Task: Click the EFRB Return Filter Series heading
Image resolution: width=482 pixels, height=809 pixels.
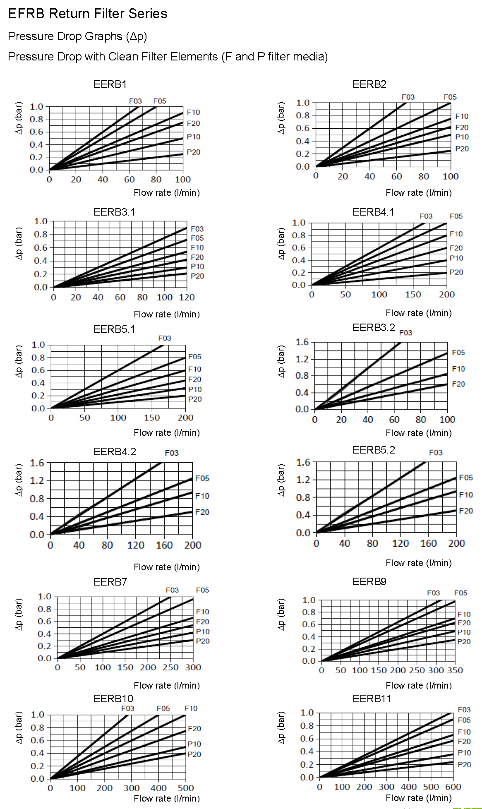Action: (88, 14)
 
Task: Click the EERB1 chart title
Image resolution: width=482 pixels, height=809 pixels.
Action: (110, 84)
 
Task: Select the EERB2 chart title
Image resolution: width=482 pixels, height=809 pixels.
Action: (369, 84)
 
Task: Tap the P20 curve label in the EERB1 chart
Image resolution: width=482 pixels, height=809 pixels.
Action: (193, 152)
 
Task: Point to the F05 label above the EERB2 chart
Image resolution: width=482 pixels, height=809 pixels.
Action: (450, 97)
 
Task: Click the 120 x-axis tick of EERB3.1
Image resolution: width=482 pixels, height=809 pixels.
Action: (187, 297)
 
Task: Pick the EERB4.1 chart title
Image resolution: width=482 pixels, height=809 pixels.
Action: (373, 212)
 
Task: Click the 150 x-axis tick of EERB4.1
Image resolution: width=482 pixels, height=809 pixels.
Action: (413, 294)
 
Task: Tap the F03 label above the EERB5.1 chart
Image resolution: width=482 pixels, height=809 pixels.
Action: (165, 338)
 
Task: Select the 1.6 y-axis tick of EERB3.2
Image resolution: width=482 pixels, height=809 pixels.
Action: (302, 342)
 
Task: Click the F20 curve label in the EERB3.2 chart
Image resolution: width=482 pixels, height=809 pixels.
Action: (458, 384)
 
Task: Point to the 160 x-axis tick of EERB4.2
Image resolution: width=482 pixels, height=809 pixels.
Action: (164, 545)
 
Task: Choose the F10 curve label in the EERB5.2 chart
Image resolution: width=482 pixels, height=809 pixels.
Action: (466, 495)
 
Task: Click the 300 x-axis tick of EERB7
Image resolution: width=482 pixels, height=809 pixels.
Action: (193, 667)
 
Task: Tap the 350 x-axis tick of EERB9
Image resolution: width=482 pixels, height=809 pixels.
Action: (455, 670)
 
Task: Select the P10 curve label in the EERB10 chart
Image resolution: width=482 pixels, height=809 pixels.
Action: (194, 744)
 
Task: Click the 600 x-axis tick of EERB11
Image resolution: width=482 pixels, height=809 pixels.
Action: (453, 787)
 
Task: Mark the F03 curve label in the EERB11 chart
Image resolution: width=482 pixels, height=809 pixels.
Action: (464, 710)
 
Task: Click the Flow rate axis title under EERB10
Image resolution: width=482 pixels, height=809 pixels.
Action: (167, 798)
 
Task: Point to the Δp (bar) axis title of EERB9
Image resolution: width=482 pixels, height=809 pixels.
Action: (281, 614)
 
